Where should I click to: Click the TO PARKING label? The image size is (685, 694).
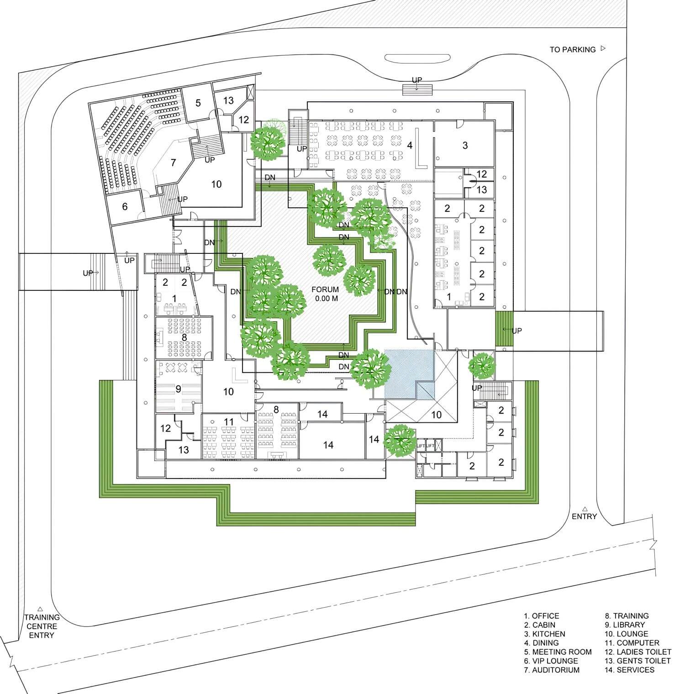(573, 49)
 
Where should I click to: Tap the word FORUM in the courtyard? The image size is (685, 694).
(325, 289)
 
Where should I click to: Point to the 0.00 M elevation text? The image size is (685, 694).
(326, 299)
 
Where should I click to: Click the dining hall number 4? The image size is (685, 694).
(410, 145)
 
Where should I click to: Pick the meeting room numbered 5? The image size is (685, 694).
(198, 103)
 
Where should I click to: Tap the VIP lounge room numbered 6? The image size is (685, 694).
(125, 206)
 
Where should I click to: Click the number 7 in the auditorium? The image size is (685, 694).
(173, 162)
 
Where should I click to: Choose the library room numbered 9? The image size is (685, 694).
(179, 389)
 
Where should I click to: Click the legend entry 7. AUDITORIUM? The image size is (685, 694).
(552, 670)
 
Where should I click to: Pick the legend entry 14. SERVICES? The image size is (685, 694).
(630, 670)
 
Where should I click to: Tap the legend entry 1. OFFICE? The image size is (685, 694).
(542, 616)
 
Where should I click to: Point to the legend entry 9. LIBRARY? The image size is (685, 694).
(625, 625)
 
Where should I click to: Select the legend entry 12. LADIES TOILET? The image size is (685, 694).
(638, 652)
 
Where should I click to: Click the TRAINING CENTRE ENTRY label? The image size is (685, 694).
(42, 626)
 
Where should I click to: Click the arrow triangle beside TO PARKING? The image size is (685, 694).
(603, 48)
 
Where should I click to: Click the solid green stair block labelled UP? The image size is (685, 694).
(504, 330)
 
